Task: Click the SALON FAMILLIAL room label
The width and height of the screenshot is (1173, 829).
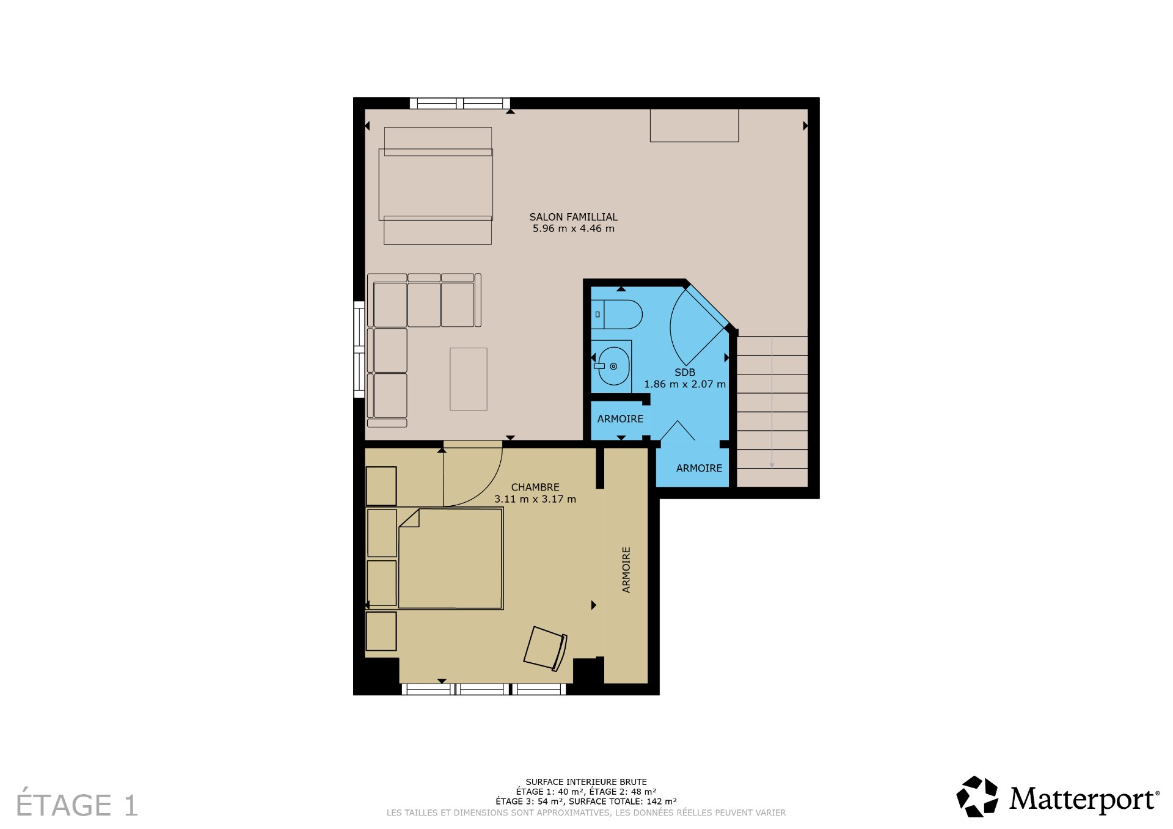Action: click(573, 217)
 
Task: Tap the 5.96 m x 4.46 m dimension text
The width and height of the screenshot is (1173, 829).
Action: click(573, 228)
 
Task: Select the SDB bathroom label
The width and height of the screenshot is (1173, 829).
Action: click(684, 372)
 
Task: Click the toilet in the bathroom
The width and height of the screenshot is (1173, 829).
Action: click(617, 314)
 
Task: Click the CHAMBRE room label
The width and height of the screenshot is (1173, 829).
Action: click(535, 487)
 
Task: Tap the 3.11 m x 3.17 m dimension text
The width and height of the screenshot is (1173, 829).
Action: click(535, 499)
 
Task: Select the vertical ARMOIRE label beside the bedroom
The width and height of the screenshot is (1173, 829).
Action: click(626, 569)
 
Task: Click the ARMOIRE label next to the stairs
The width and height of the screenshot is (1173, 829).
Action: click(699, 468)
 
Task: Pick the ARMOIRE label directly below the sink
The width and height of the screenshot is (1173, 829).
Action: click(620, 418)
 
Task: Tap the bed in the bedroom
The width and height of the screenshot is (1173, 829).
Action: click(451, 558)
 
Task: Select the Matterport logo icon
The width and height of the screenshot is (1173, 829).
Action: click(977, 796)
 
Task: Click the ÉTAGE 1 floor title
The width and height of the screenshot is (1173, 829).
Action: click(77, 805)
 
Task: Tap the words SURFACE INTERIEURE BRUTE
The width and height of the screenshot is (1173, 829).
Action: click(586, 782)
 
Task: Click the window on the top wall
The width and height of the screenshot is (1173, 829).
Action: click(459, 103)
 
